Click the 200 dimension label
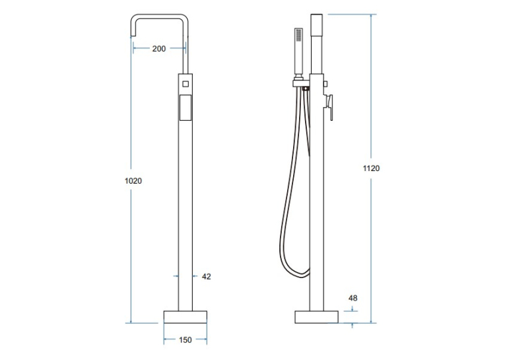click(159, 49)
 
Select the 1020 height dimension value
click(133, 181)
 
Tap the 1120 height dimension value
click(372, 168)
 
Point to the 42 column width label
click(207, 277)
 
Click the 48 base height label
click(353, 298)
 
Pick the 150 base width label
click(185, 340)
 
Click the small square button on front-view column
click(185, 84)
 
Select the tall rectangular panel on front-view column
click(185, 108)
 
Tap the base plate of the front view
click(185, 317)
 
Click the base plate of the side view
click(317, 317)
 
